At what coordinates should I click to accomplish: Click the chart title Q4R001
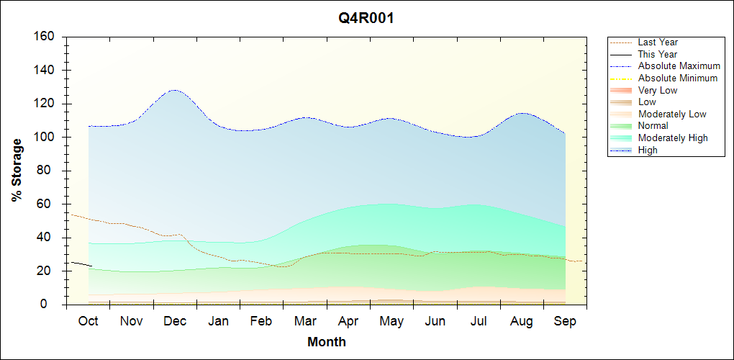coord(366,19)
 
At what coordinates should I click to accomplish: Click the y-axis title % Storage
coord(17,175)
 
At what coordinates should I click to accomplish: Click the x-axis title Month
coord(327,342)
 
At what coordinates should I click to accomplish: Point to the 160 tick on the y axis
coord(47,37)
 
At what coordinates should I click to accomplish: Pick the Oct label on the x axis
coord(88,322)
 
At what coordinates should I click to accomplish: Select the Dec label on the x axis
coord(175,322)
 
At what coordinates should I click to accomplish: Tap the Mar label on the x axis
coord(305,322)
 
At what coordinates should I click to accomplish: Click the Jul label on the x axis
coord(479,322)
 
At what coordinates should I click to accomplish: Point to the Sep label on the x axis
coord(565,322)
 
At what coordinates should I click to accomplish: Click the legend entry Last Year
coord(658,42)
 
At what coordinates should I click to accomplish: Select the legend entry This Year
coord(657,54)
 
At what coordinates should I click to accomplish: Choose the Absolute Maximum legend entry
coord(679,66)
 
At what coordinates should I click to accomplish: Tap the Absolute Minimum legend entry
coord(677,78)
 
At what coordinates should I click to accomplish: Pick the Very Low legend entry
coord(658,90)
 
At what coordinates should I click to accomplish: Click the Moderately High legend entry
coord(673,138)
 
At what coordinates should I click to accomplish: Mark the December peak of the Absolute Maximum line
coord(174,90)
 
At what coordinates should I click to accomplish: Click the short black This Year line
coord(81,264)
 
